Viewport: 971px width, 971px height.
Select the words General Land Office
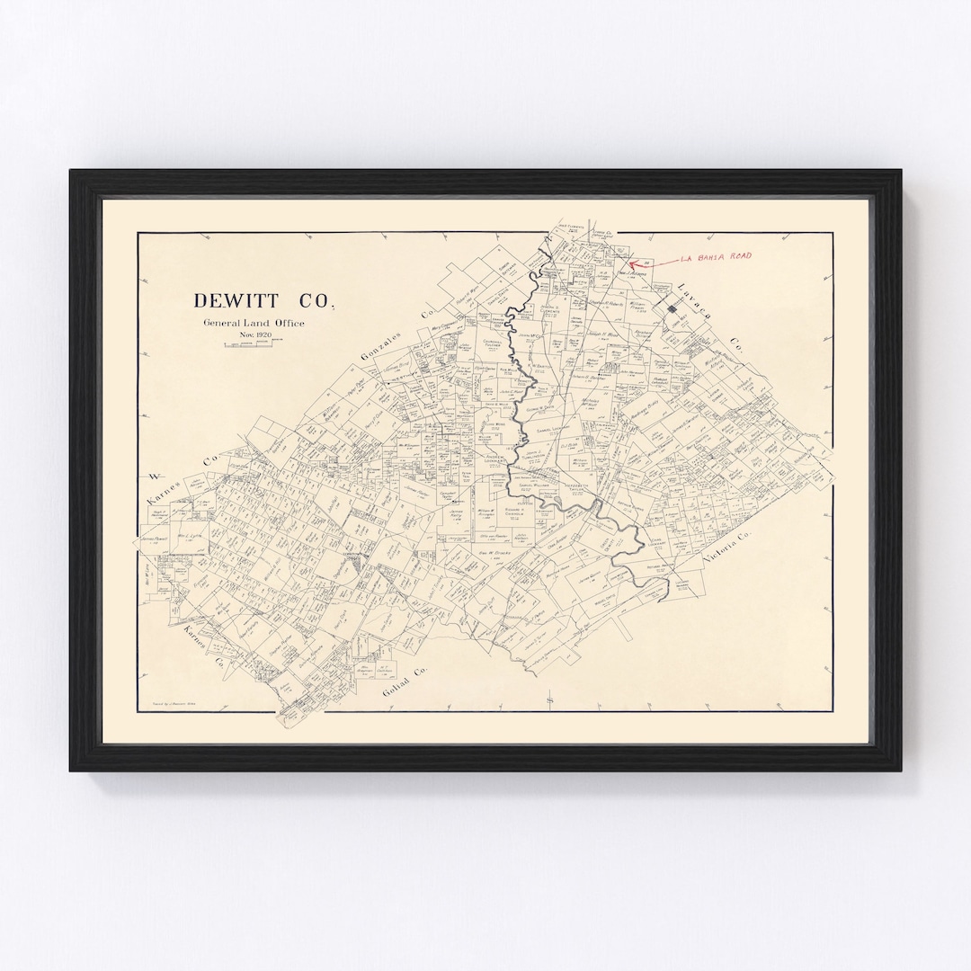point(254,324)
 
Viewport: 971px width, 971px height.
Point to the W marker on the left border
point(153,476)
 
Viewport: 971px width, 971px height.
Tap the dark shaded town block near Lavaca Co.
point(673,307)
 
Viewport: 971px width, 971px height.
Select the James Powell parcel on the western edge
point(155,538)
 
